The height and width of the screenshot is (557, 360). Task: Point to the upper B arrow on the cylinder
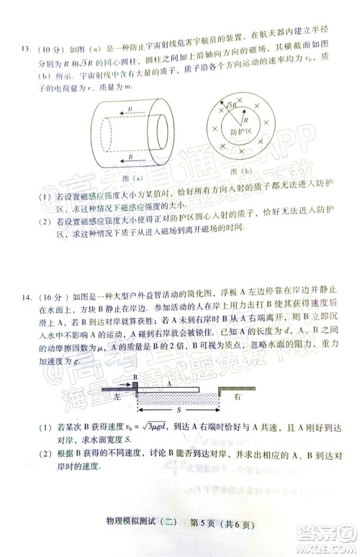127,112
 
